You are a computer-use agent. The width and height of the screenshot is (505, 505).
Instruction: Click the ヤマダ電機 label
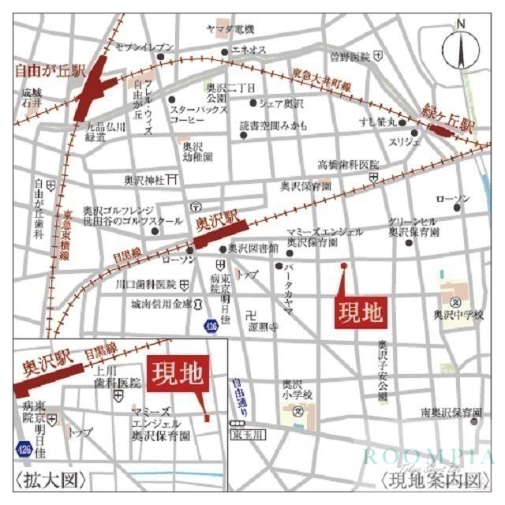point(230,30)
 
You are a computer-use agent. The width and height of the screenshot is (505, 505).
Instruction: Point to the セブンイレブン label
point(144,47)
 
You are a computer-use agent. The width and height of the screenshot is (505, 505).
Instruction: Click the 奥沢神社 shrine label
point(142,181)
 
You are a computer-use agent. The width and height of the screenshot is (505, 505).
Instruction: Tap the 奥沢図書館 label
point(252,248)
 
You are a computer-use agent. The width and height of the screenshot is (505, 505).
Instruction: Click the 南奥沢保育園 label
point(451,413)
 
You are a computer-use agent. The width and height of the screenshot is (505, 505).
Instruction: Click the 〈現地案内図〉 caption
point(431,481)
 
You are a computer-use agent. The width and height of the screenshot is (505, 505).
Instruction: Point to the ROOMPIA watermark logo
point(428,457)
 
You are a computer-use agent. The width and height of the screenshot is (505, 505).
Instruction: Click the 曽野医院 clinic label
point(350,57)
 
